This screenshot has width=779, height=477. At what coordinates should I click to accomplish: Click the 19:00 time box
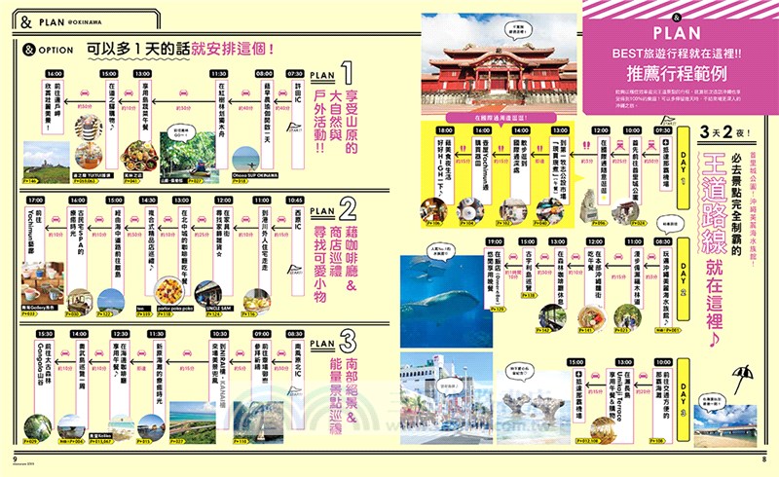click(x=495, y=240)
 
